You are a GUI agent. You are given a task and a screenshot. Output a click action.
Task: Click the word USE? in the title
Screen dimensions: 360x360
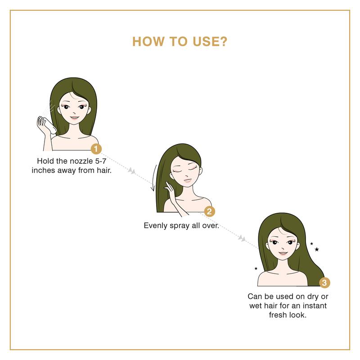(210, 41)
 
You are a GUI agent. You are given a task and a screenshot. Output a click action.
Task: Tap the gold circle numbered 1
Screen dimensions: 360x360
(96, 149)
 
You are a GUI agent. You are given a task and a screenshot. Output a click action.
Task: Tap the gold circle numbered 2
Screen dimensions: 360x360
(209, 211)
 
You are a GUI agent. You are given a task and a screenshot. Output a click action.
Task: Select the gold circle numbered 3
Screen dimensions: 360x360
(324, 283)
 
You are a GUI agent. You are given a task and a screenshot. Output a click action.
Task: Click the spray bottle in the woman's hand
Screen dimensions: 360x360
(49, 125)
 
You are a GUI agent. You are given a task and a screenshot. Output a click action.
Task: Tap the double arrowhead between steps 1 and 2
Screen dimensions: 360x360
(131, 171)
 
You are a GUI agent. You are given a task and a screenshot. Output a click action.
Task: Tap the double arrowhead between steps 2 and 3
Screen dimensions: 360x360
(242, 238)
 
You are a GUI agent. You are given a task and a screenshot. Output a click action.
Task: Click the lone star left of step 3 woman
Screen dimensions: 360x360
(256, 268)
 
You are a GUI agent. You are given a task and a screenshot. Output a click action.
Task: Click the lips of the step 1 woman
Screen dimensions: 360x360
(75, 118)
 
